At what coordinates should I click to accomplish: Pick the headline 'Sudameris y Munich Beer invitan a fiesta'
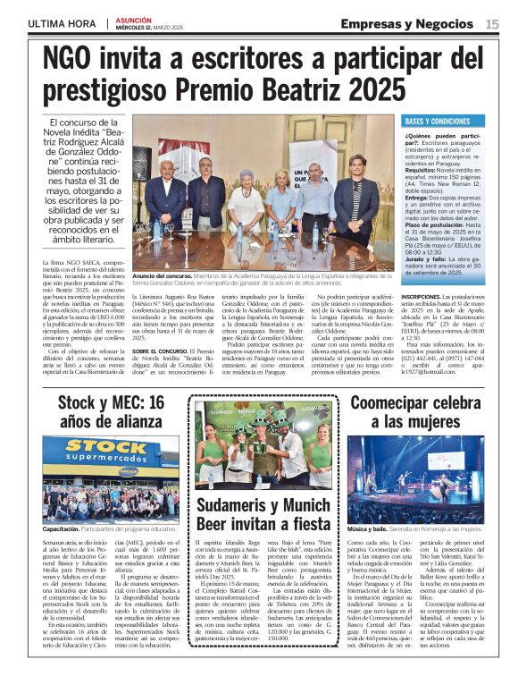pos(263,520)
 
